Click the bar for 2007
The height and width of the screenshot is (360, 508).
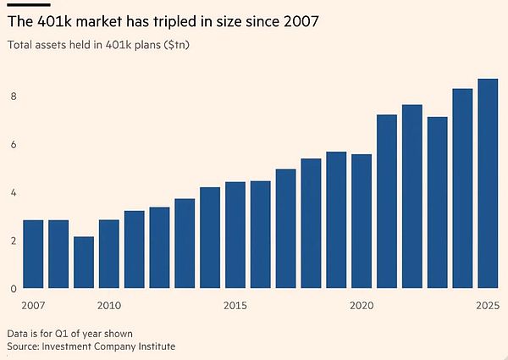33,254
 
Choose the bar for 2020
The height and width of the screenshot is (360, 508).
362,221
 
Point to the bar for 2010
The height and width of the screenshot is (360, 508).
108,254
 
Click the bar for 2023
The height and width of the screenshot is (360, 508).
437,203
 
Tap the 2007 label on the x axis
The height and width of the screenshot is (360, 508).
33,304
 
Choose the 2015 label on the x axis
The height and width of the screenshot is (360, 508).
235,304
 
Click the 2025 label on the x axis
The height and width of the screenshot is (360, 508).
488,304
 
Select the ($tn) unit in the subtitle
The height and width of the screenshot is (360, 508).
174,44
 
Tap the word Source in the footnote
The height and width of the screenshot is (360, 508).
24,346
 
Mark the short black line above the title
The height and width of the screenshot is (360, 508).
22,4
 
